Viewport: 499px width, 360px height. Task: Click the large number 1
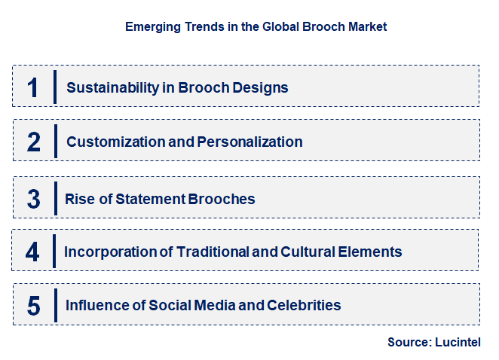[32, 87]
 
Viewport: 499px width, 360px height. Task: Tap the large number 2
[34, 142]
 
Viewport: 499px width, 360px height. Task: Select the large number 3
[34, 199]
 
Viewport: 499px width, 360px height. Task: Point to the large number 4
[32, 252]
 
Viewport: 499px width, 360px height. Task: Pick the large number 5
[34, 306]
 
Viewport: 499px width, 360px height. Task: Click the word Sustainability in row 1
[112, 88]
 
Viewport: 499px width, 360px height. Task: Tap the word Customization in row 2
[115, 142]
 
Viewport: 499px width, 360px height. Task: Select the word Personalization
[249, 142]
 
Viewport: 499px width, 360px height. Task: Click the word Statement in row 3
[151, 199]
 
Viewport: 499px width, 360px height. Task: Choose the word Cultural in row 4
[308, 252]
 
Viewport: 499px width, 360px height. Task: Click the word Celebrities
[304, 305]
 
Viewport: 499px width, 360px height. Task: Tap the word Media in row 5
[215, 305]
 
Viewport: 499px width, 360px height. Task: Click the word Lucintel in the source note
[458, 342]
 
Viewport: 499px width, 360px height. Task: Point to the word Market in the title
[368, 26]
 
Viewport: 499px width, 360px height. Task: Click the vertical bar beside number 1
[55, 87]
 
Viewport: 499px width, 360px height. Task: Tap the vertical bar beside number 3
[56, 198]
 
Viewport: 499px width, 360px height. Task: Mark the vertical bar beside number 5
[56, 305]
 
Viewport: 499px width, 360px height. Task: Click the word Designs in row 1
[260, 88]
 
